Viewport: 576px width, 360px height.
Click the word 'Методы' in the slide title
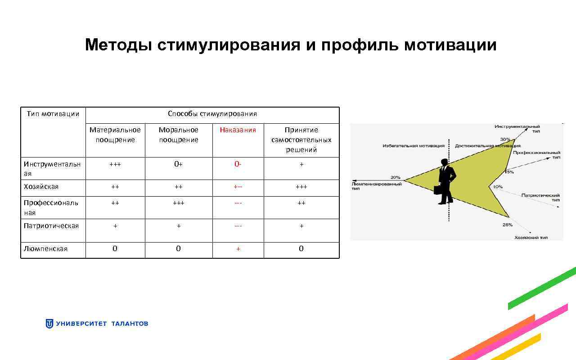(118, 45)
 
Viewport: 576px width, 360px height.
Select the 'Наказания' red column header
(238, 130)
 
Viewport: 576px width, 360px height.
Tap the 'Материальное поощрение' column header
(115, 135)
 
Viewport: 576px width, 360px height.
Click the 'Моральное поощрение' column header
(178, 135)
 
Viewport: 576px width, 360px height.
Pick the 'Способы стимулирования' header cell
(212, 114)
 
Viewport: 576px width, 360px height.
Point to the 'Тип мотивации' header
(53, 114)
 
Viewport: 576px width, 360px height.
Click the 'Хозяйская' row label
(41, 187)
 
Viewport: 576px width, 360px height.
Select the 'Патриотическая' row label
(51, 226)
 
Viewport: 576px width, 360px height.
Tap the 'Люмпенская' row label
(45, 249)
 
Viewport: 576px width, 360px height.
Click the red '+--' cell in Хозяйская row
(238, 187)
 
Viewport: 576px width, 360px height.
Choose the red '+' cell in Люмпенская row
(238, 249)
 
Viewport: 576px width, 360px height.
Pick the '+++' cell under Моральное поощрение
(178, 203)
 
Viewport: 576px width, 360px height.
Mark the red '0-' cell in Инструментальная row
(238, 164)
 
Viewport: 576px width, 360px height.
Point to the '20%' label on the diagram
(395, 177)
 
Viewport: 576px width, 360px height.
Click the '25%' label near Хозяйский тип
(508, 225)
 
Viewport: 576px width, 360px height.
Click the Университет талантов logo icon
(49, 324)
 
